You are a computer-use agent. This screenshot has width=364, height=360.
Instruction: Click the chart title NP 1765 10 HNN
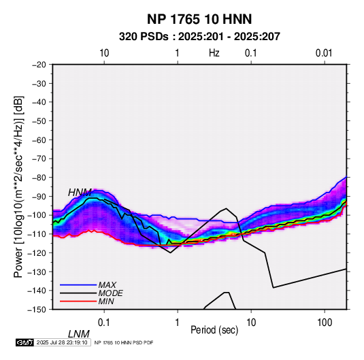tap(199, 19)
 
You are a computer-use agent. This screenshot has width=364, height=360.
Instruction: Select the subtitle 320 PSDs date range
tap(199, 37)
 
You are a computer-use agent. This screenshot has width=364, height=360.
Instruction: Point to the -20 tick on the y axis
tap(39, 65)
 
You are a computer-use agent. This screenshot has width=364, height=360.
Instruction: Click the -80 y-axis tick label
tap(39, 178)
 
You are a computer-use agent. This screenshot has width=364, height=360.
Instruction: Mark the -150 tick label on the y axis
tap(37, 310)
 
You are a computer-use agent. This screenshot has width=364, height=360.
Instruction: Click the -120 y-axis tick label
tap(37, 253)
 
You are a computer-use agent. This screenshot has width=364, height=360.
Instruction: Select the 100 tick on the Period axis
tap(325, 323)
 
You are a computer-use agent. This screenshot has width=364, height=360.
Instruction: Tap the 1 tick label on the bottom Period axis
tap(178, 323)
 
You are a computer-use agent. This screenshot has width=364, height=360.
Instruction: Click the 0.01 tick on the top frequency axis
tap(324, 53)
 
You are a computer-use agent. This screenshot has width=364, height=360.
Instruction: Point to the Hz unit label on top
tap(214, 53)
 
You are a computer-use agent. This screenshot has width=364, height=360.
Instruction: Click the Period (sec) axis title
tap(214, 330)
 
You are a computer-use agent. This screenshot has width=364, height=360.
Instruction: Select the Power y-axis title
tap(18, 186)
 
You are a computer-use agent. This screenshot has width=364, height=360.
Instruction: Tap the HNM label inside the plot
tap(80, 193)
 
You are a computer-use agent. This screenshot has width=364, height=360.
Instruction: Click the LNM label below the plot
tap(78, 334)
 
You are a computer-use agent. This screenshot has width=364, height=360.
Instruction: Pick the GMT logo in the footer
tap(25, 342)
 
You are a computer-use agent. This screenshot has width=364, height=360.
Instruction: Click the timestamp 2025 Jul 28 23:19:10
tap(62, 342)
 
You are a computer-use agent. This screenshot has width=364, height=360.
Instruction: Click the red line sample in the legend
tap(78, 301)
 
